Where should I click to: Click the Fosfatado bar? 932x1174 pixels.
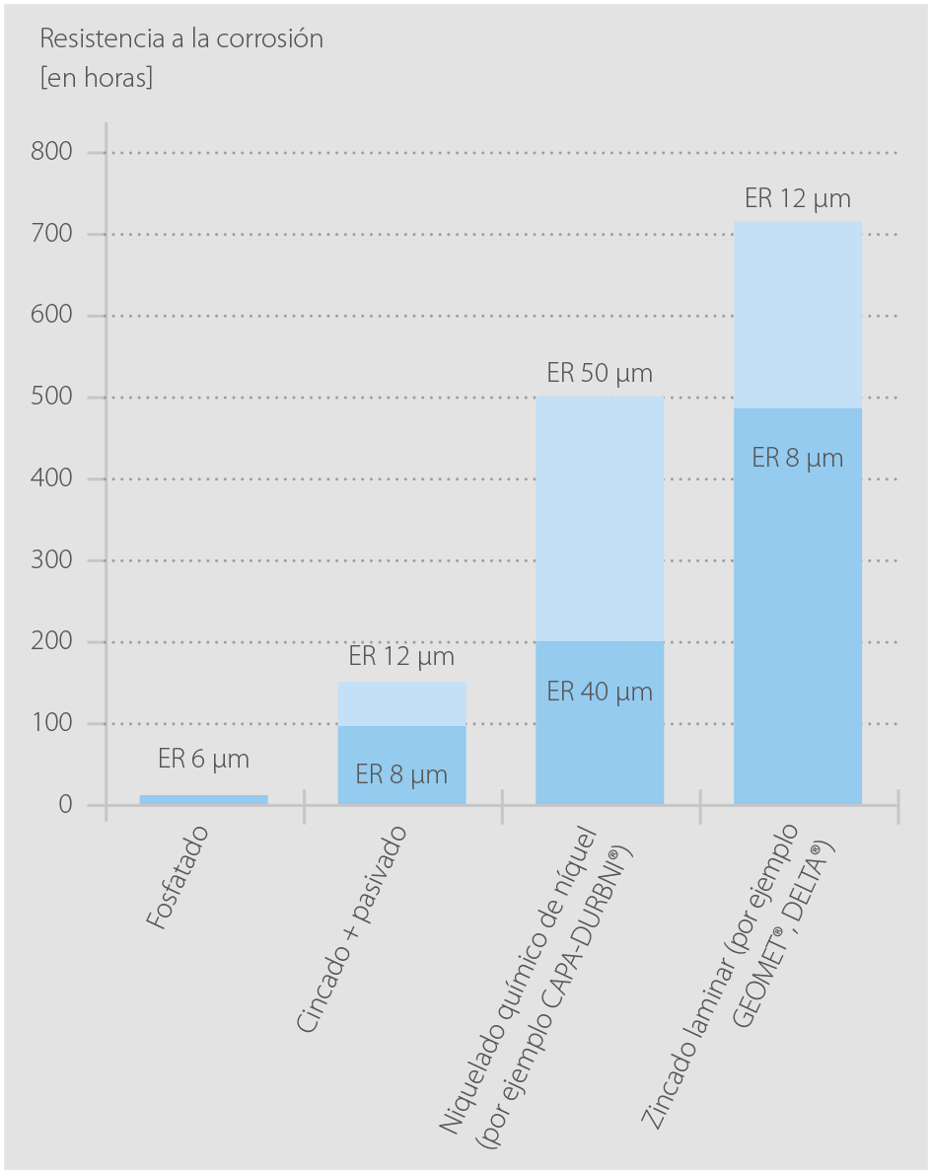tap(203, 799)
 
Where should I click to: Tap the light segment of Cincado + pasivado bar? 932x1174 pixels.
tap(401, 703)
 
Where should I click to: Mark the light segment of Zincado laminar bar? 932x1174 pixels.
tap(798, 315)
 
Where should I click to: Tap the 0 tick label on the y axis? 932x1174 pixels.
tap(66, 805)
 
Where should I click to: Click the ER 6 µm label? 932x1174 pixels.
tap(203, 760)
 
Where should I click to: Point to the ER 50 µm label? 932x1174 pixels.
tap(600, 374)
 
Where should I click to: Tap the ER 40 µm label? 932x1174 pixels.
tap(600, 692)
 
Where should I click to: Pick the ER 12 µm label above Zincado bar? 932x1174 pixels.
tap(798, 198)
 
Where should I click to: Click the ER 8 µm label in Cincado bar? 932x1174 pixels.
tap(401, 774)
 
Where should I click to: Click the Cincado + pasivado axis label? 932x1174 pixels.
tap(351, 927)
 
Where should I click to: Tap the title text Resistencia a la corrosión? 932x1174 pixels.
tap(181, 39)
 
